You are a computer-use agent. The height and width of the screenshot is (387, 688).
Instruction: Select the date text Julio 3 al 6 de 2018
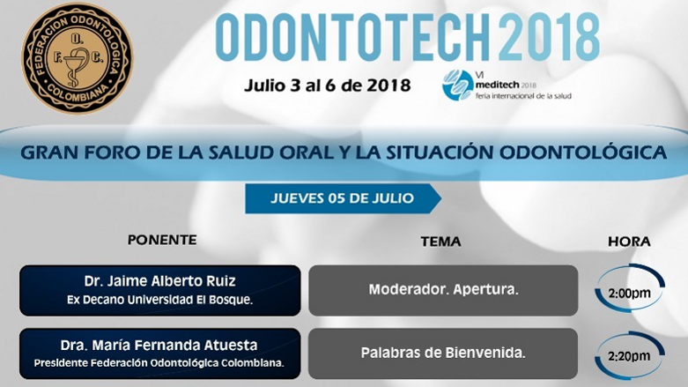point(329,86)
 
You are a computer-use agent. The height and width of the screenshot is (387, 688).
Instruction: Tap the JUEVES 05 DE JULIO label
point(342,198)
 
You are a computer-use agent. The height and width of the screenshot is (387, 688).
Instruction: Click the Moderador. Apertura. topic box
point(442,290)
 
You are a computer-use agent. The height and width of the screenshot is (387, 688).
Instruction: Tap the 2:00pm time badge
point(629,291)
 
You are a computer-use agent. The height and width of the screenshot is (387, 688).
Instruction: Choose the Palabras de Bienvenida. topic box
point(442,353)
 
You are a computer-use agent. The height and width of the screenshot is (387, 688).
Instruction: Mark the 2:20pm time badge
point(629,355)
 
